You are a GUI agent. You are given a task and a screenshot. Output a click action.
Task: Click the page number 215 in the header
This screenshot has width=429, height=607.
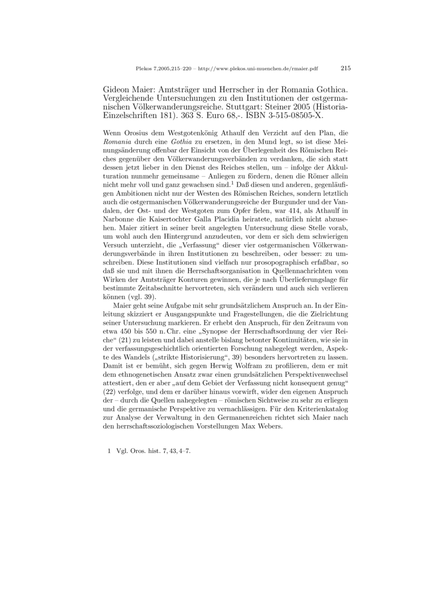pyautogui.click(x=345, y=68)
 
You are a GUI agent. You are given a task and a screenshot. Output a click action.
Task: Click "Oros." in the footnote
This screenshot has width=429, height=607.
pyautogui.click(x=140, y=451)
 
